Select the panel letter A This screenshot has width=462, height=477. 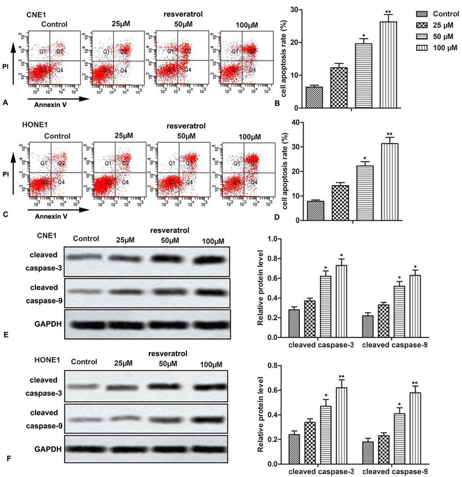[5, 102]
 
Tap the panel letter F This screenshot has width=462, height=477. [5, 458]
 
